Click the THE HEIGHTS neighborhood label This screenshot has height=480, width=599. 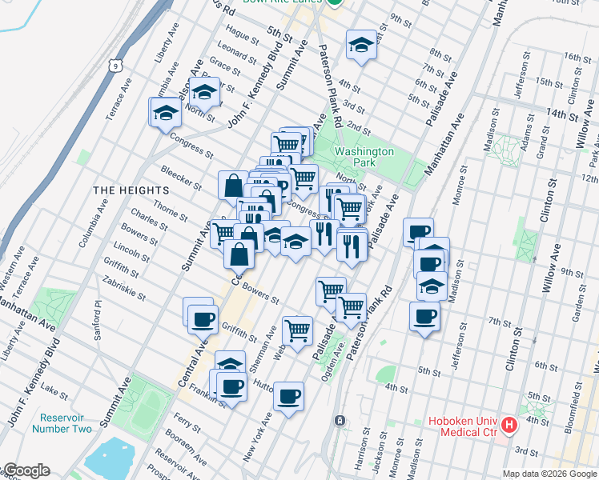(x=131, y=190)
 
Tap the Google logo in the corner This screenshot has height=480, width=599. (x=26, y=470)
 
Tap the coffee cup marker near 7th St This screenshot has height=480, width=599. (x=424, y=317)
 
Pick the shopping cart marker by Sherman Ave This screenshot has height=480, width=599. (x=297, y=329)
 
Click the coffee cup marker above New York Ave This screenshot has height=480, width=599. (x=288, y=395)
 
